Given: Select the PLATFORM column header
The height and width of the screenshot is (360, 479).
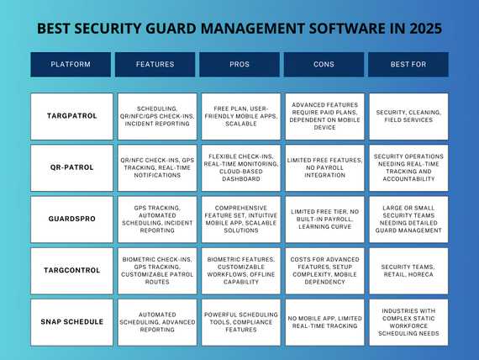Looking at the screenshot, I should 71,65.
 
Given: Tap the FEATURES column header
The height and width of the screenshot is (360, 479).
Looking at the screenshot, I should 155,65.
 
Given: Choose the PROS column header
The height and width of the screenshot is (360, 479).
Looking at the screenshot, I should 239,65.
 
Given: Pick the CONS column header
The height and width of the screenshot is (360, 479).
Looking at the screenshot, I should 324,65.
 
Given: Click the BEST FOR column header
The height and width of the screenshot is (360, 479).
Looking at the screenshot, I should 408,65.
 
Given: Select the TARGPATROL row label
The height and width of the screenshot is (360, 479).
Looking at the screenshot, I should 71,116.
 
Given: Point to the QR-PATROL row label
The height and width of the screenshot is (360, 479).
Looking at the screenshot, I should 71,167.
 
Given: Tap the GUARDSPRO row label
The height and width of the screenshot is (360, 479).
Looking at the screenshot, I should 71,219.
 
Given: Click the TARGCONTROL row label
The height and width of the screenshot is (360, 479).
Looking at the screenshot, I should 71,270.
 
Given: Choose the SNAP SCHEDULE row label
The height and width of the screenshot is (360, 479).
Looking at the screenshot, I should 71,321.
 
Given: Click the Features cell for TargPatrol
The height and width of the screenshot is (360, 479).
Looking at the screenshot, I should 155,116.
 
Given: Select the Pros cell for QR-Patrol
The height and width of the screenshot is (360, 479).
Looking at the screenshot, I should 239,167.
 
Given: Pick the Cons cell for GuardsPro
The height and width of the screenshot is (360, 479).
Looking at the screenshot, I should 324,219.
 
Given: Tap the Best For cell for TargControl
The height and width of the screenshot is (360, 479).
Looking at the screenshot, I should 408,270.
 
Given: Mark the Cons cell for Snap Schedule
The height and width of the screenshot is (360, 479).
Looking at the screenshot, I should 324,321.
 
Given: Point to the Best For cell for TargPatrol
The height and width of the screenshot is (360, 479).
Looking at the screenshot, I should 408,116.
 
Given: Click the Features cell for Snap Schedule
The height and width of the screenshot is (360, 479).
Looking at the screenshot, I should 155,321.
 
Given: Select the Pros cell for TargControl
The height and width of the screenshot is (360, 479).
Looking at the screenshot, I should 239,270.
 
